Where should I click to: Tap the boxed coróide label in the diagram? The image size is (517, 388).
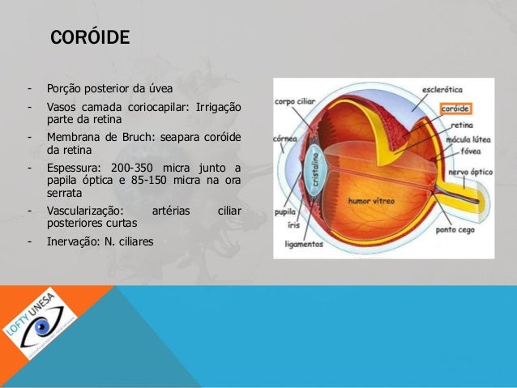click(455, 108)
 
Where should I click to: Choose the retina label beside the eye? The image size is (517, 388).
click(462, 126)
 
